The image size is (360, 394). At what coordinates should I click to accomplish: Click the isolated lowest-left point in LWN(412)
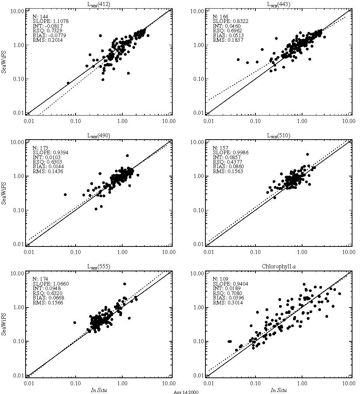[x=68, y=83]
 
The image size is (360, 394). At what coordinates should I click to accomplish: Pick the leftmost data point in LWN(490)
[x=65, y=195]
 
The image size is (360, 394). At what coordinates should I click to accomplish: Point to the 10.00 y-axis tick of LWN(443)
[x=198, y=11]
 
